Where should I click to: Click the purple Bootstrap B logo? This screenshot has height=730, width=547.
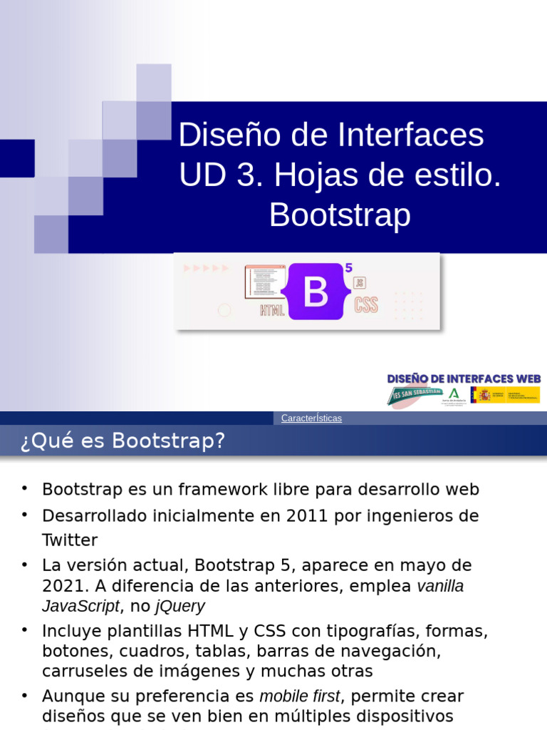316,292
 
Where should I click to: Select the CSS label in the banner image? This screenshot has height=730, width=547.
366,306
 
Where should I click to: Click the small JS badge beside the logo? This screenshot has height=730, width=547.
360,282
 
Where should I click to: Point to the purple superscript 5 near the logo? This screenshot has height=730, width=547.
348,268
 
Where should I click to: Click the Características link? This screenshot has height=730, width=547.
311,418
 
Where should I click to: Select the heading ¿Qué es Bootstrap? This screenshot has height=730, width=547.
123,441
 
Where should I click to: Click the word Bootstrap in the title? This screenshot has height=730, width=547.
340,215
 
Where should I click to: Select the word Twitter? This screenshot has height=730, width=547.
70,540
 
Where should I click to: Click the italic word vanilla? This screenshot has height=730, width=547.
440,587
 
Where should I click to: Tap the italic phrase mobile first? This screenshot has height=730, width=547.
301,696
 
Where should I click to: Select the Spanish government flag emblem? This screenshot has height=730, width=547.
484,395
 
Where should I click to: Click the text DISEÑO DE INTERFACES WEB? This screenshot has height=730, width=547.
464,379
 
